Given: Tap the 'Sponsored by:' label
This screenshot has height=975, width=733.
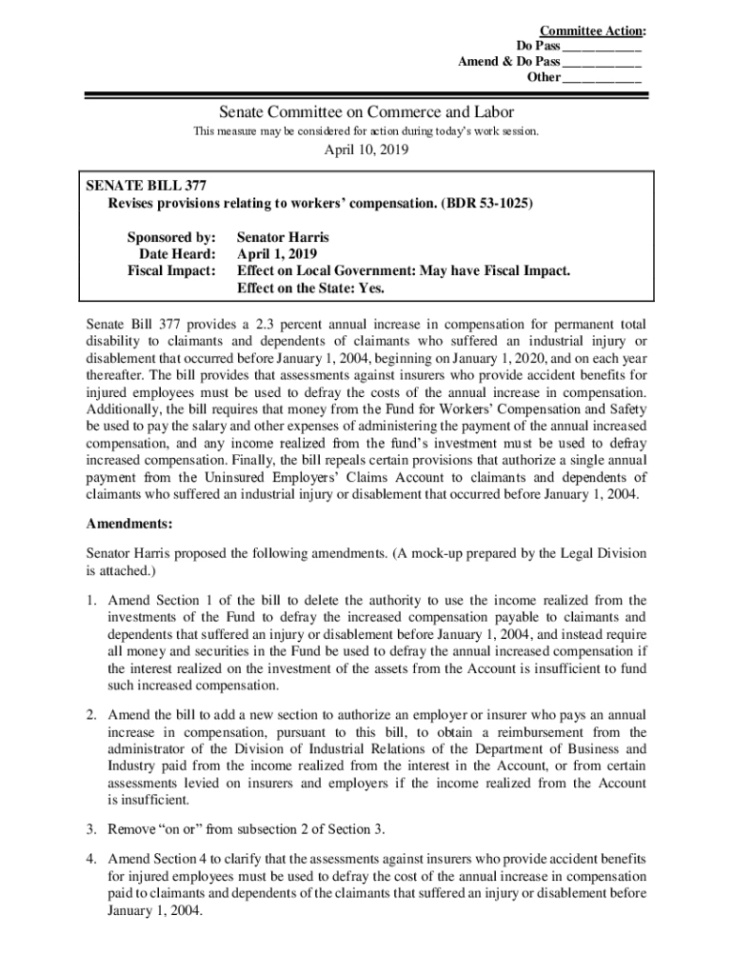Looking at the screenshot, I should (x=171, y=237).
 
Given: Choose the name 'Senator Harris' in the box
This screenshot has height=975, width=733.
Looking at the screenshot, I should (x=284, y=237).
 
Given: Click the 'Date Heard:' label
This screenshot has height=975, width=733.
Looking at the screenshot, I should (x=178, y=254).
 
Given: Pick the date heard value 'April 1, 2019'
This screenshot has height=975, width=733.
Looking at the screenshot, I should (x=278, y=254).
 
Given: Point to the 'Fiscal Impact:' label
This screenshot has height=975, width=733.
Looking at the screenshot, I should (x=172, y=271).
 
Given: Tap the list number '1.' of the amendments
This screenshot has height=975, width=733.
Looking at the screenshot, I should (x=91, y=600).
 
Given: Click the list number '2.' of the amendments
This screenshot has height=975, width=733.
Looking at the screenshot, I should (x=91, y=714).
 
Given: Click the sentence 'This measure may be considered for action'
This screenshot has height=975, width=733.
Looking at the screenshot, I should (x=366, y=131).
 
